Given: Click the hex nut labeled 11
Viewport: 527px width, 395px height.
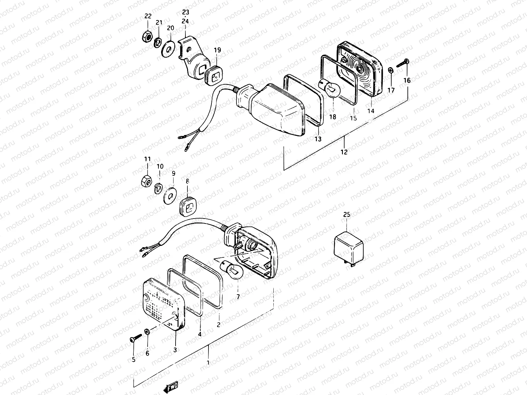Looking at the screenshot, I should coord(147,181).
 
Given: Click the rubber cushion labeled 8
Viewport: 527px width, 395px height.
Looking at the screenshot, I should coord(188,208).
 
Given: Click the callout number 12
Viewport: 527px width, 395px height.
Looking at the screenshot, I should coord(344,152).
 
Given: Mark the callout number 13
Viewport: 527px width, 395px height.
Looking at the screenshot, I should coord(318,139).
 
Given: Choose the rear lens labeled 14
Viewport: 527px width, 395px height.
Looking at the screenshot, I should coord(361,69).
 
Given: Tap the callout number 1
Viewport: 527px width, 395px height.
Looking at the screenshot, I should coord(208,362).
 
